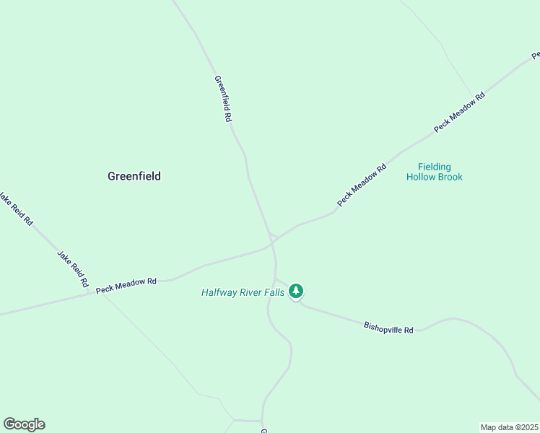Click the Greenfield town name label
point(134,176)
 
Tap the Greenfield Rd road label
point(222,98)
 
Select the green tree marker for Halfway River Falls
point(295,291)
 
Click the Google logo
point(24,424)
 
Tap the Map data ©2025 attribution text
point(509,427)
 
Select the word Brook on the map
point(449,177)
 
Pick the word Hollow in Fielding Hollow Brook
point(420,177)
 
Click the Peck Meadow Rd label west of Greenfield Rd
point(126,285)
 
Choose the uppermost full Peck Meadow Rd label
point(459,112)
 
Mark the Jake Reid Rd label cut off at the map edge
point(16,209)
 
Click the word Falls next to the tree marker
point(274,292)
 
